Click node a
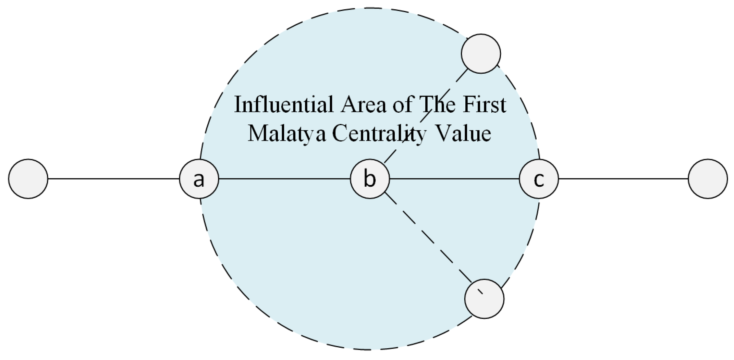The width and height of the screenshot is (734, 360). pos(199,179)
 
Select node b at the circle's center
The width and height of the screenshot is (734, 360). pos(370,179)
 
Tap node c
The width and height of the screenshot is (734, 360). pos(539,179)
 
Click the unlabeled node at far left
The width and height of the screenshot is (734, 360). pos(28,179)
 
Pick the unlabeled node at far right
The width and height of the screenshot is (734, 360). pos(708,179)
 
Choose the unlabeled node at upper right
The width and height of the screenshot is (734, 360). pos(481,54)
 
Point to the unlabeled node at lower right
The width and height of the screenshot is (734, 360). pos(484,299)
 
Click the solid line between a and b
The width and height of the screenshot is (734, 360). pos(284,179)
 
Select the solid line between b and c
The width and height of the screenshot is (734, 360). pos(454,179)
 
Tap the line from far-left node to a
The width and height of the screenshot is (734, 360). pos(113,179)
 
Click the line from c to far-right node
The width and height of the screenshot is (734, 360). pos(623,179)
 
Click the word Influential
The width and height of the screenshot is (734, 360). pos(284,104)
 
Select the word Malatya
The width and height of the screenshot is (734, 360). pos(287,134)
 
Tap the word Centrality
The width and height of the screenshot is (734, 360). pos(379,134)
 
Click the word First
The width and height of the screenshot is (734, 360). pos(484,104)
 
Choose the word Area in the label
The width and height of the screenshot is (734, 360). pos(364,104)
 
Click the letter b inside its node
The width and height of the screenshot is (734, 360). pos(370,179)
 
